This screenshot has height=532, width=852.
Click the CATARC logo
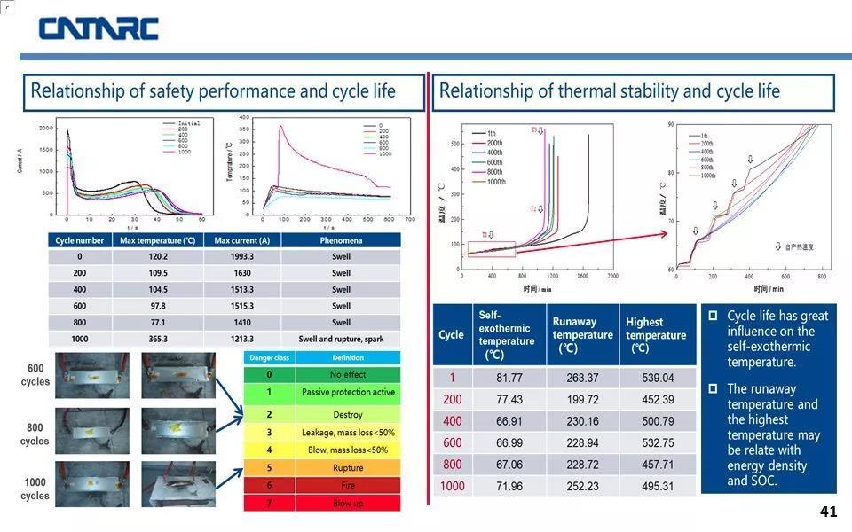click(x=98, y=28)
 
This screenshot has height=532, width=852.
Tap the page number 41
click(x=828, y=512)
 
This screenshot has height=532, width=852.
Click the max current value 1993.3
click(x=241, y=256)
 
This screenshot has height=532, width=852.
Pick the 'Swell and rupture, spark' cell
click(x=341, y=339)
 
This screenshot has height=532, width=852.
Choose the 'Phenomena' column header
click(x=341, y=240)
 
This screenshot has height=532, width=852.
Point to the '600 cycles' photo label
click(x=35, y=375)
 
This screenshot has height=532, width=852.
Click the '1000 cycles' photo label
click(x=35, y=489)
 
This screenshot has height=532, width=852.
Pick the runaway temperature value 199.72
click(x=582, y=400)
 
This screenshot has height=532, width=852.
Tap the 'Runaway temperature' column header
click(x=582, y=335)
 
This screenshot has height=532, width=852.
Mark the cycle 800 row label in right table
click(x=452, y=465)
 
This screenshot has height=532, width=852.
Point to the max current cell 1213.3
click(x=241, y=339)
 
